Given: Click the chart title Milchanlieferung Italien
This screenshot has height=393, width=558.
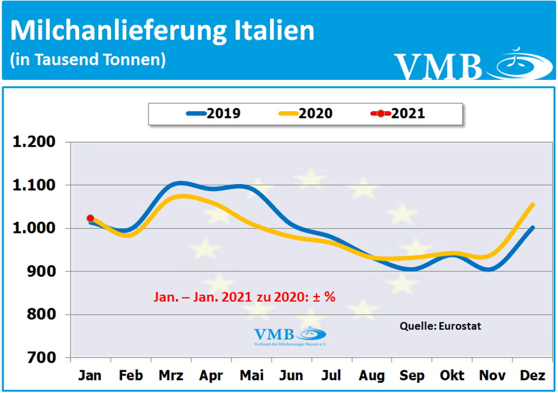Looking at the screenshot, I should coord(162,31).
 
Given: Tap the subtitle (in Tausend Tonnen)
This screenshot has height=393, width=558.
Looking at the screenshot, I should coord(88,59).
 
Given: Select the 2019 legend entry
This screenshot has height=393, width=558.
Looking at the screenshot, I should coord(214,113).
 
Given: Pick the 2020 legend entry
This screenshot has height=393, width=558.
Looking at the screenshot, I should coord(306,113).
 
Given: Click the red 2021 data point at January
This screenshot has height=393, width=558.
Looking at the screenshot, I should coord(90,218).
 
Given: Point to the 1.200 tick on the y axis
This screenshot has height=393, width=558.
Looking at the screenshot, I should coord(34,142).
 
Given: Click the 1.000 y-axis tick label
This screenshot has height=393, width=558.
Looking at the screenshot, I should coord(34,229).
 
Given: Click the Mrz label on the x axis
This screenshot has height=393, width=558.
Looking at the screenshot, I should coord(171,376).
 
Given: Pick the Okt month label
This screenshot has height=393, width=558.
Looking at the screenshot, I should coord(452,376).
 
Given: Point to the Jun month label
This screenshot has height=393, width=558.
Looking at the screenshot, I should coord(291,376).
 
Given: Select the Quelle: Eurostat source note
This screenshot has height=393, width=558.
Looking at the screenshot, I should coord(440,326).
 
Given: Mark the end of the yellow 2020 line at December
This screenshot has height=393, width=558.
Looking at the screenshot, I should coord(533,205).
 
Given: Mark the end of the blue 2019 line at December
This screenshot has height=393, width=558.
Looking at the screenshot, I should coord(533,228).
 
